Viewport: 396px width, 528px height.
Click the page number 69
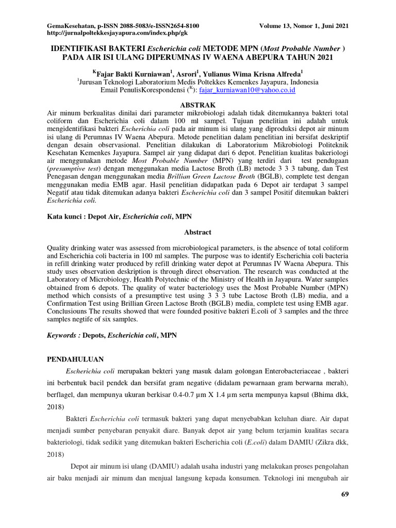tap(345, 495)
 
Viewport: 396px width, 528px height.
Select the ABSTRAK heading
tap(198, 104)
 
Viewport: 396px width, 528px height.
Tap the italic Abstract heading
tap(198, 233)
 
